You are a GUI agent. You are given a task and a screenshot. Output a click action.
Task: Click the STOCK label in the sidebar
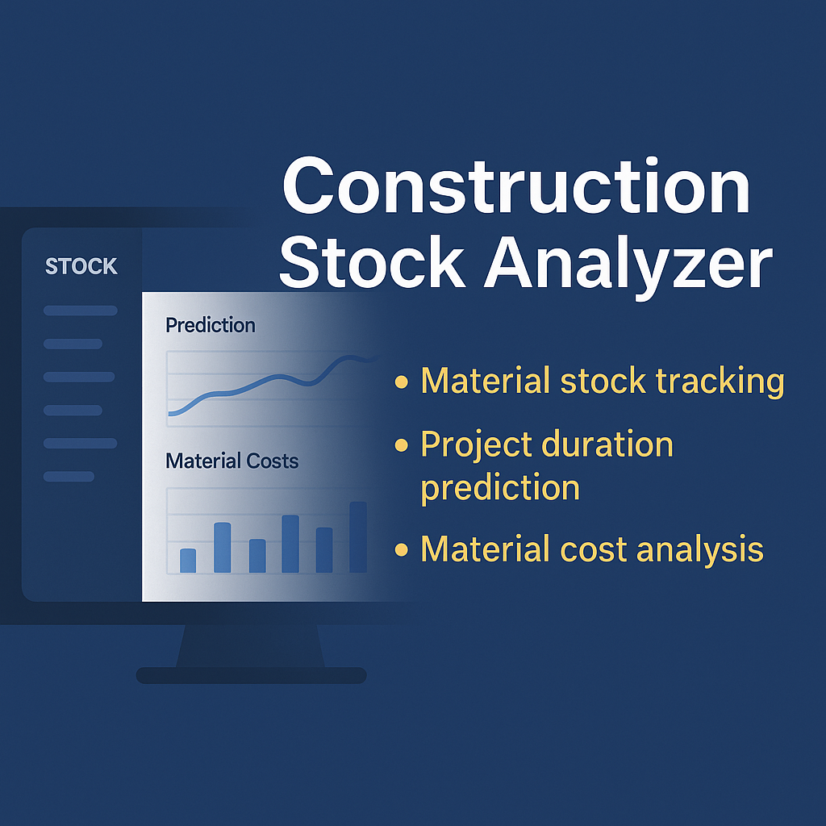pyautogui.click(x=81, y=267)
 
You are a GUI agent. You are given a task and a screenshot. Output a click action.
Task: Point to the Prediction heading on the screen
pyautogui.click(x=210, y=325)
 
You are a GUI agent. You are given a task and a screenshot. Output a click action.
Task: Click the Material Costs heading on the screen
pyautogui.click(x=232, y=461)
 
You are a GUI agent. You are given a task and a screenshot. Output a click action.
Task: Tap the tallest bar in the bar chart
pyautogui.click(x=358, y=537)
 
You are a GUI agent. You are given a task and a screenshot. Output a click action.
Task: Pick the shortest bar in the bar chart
pyautogui.click(x=188, y=561)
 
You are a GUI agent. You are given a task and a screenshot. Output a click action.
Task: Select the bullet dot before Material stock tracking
pyautogui.click(x=401, y=382)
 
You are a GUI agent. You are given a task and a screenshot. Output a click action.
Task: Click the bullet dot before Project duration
pyautogui.click(x=401, y=445)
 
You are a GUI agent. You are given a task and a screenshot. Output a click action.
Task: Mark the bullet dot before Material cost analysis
pyautogui.click(x=401, y=550)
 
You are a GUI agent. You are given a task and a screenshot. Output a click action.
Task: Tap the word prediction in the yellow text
pyautogui.click(x=500, y=488)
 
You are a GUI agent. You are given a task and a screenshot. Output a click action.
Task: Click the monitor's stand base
pyautogui.click(x=251, y=675)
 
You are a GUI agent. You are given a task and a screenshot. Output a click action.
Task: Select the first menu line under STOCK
pyautogui.click(x=80, y=311)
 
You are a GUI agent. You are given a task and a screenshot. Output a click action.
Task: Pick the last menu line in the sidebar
pyautogui.click(x=69, y=477)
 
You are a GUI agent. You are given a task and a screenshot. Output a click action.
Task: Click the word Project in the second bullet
pyautogui.click(x=476, y=445)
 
